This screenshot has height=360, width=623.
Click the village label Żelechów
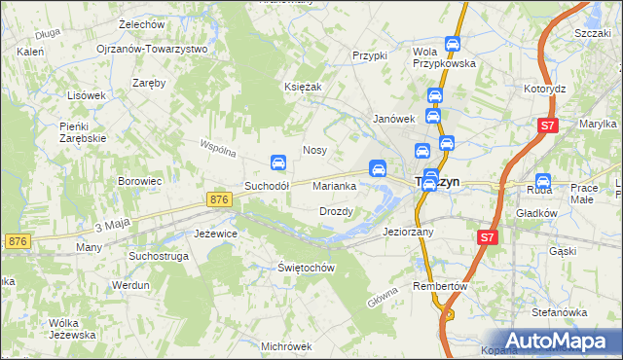[140, 23]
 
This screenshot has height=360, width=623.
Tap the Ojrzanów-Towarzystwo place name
[152, 49]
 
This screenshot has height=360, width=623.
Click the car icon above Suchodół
[277, 162]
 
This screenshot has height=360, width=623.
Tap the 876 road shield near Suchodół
[220, 198]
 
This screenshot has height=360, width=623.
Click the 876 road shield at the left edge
[16, 240]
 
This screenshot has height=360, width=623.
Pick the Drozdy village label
[336, 211]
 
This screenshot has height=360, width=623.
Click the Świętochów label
[307, 268]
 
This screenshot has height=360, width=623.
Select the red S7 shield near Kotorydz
[549, 126]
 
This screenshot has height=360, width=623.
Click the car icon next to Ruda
[542, 181]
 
